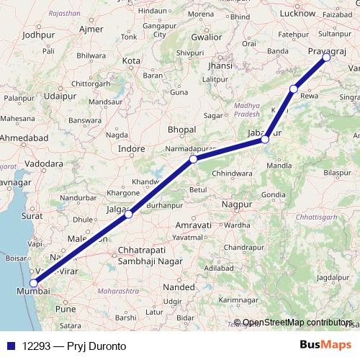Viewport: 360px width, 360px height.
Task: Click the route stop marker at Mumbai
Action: (x=33, y=284)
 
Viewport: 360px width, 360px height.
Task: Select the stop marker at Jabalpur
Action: (x=266, y=139)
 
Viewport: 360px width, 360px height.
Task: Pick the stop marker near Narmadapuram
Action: (x=193, y=159)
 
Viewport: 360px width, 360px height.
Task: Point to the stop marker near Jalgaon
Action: (x=128, y=214)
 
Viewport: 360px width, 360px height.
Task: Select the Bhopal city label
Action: (x=181, y=129)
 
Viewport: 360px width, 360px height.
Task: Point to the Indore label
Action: (x=132, y=149)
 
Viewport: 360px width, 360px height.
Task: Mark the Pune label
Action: (x=66, y=308)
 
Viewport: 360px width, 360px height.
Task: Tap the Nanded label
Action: (x=179, y=286)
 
